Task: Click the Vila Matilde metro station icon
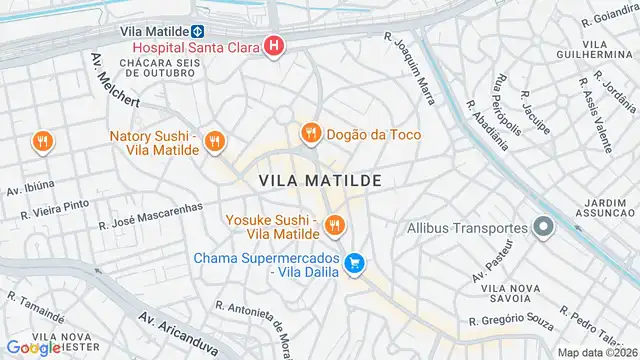pyautogui.click(x=199, y=31)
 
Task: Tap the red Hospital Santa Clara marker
pyautogui.click(x=272, y=46)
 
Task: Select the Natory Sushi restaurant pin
pyautogui.click(x=213, y=143)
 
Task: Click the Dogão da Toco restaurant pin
pyautogui.click(x=310, y=133)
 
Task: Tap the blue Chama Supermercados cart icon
pyautogui.click(x=353, y=264)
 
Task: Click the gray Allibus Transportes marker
pyautogui.click(x=543, y=228)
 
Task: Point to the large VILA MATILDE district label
pyautogui.click(x=320, y=180)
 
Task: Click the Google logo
pyautogui.click(x=33, y=347)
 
